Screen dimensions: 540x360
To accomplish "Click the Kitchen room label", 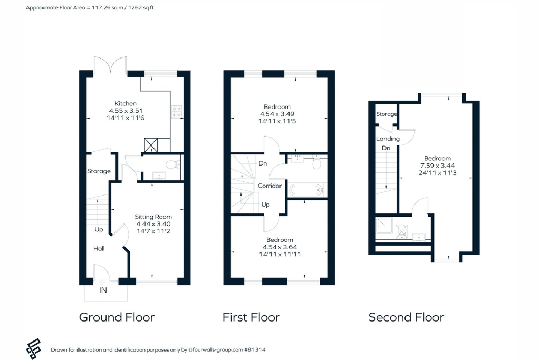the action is pos(126,103).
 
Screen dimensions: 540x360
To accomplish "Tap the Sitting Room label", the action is pos(153,217).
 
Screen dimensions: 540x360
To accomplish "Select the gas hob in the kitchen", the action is pos(177,112).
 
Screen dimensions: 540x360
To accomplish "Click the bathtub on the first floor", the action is pos(306,190).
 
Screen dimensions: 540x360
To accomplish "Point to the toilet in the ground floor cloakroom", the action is pos(173,164).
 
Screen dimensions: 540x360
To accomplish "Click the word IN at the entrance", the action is pos(103,290).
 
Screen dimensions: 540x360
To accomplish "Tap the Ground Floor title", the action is pos(117,317).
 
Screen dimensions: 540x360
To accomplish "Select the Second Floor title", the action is pos(406,317).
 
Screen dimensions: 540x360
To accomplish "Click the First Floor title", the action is pos(251,317).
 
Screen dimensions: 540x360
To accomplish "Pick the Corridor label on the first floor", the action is pos(269,186).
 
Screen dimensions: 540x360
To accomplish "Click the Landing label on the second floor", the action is pos(388,138).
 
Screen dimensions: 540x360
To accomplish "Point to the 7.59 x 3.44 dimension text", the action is pos(437,165).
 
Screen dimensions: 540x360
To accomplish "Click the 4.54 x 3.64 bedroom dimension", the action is pos(279,247).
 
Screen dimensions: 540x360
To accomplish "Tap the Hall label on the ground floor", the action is pos(99,248).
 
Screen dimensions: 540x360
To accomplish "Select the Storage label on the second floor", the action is pos(387,114).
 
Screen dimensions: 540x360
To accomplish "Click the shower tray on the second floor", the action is pos(384,225).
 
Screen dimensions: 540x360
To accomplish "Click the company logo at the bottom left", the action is pos(33,348).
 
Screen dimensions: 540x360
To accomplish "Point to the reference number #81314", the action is pos(255,349).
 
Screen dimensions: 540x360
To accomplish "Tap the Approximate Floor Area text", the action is pos(90,7).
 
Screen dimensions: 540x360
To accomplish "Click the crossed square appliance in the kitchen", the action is pos(151,145).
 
